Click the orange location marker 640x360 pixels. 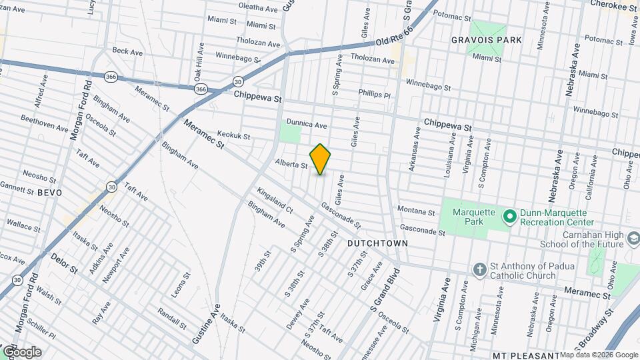click(320, 159)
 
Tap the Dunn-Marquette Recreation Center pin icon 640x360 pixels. click(510, 217)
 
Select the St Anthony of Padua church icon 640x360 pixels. click(479, 269)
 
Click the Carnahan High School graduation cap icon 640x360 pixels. click(632, 238)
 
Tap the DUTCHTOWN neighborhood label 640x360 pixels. click(377, 244)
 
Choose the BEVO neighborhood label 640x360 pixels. click(49, 192)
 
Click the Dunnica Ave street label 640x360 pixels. click(307, 124)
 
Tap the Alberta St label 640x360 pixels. click(291, 164)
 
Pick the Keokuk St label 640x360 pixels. click(233, 136)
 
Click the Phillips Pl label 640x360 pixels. click(373, 93)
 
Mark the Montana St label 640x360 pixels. click(416, 211)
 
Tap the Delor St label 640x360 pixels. click(64, 265)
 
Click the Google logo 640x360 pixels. click(21, 351)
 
